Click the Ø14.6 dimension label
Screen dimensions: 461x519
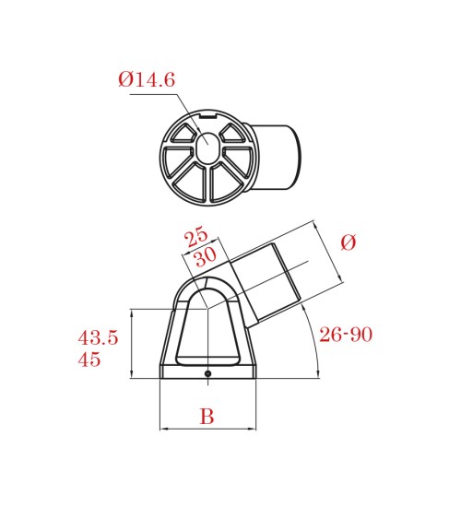click(x=147, y=80)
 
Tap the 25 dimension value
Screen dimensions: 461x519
click(x=195, y=237)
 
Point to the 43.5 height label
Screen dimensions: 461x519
click(x=98, y=338)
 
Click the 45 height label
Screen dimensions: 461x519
click(x=89, y=360)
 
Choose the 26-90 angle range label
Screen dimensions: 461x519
click(x=346, y=335)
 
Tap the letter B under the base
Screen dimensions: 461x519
click(x=207, y=416)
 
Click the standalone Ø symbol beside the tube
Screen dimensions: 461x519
click(x=349, y=242)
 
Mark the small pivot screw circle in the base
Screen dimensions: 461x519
click(x=207, y=373)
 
